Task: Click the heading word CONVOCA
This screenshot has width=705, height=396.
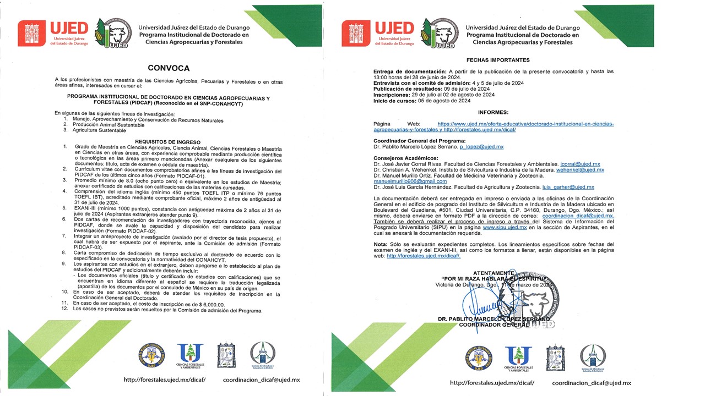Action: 168,69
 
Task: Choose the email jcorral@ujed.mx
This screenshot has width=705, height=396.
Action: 580,164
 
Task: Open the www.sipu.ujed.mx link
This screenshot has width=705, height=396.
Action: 505,227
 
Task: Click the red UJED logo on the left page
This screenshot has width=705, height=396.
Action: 53,34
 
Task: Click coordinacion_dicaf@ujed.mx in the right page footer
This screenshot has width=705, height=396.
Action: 591,383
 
